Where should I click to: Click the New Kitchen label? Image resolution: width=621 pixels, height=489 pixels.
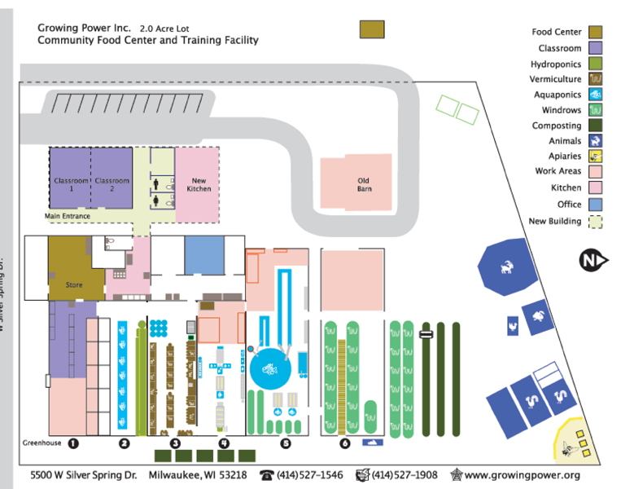pos(199,183)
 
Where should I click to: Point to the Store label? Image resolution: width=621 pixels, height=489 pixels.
pos(74,285)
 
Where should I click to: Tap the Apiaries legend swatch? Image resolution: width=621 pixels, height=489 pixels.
pos(596,156)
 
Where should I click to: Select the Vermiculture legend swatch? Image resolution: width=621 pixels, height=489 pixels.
pos(596,79)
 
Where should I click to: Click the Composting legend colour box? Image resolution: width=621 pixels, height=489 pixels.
pos(596,126)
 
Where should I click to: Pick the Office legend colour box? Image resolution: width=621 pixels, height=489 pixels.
pos(596,204)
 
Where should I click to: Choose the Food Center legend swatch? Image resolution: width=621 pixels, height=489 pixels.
pos(596,32)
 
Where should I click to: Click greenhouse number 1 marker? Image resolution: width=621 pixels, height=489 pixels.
pos(72,443)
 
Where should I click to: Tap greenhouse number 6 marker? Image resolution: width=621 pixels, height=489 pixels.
pos(345,443)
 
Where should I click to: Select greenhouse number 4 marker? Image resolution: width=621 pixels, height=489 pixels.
pos(224,443)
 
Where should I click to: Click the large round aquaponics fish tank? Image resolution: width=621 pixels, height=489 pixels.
pos(271,372)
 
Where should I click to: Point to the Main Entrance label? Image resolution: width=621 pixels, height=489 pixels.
pos(65,216)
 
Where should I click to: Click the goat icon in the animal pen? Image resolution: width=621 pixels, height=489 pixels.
pos(508,265)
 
